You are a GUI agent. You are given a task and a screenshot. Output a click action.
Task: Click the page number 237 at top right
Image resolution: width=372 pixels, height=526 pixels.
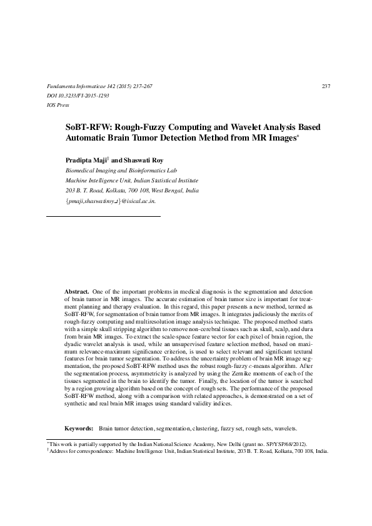(x=325, y=86)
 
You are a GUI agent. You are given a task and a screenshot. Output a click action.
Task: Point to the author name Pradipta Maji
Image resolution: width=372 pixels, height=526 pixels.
(x=86, y=160)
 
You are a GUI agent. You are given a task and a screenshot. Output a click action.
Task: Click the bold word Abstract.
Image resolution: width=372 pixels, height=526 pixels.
(x=78, y=292)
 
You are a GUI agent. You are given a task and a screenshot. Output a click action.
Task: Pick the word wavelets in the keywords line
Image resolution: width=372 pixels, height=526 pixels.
(x=283, y=428)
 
